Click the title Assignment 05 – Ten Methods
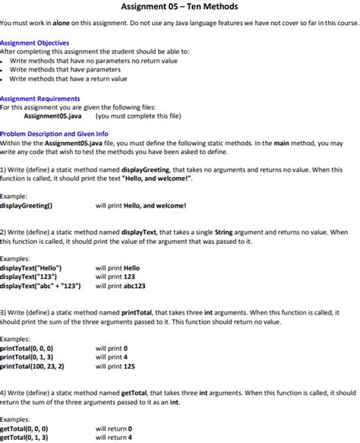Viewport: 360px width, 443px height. (x=179, y=7)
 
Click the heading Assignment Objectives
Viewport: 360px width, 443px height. (x=35, y=43)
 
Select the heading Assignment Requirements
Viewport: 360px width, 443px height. (x=39, y=99)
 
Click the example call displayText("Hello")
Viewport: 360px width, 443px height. (x=31, y=268)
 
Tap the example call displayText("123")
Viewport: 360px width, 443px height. (x=28, y=277)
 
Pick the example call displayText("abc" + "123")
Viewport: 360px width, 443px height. (x=40, y=286)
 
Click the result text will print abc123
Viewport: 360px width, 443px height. (x=120, y=286)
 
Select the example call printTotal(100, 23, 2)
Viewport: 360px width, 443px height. (x=32, y=366)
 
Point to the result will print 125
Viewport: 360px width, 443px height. (x=115, y=366)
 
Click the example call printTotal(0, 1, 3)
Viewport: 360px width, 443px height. (x=27, y=357)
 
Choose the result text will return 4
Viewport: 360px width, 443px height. (x=114, y=438)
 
